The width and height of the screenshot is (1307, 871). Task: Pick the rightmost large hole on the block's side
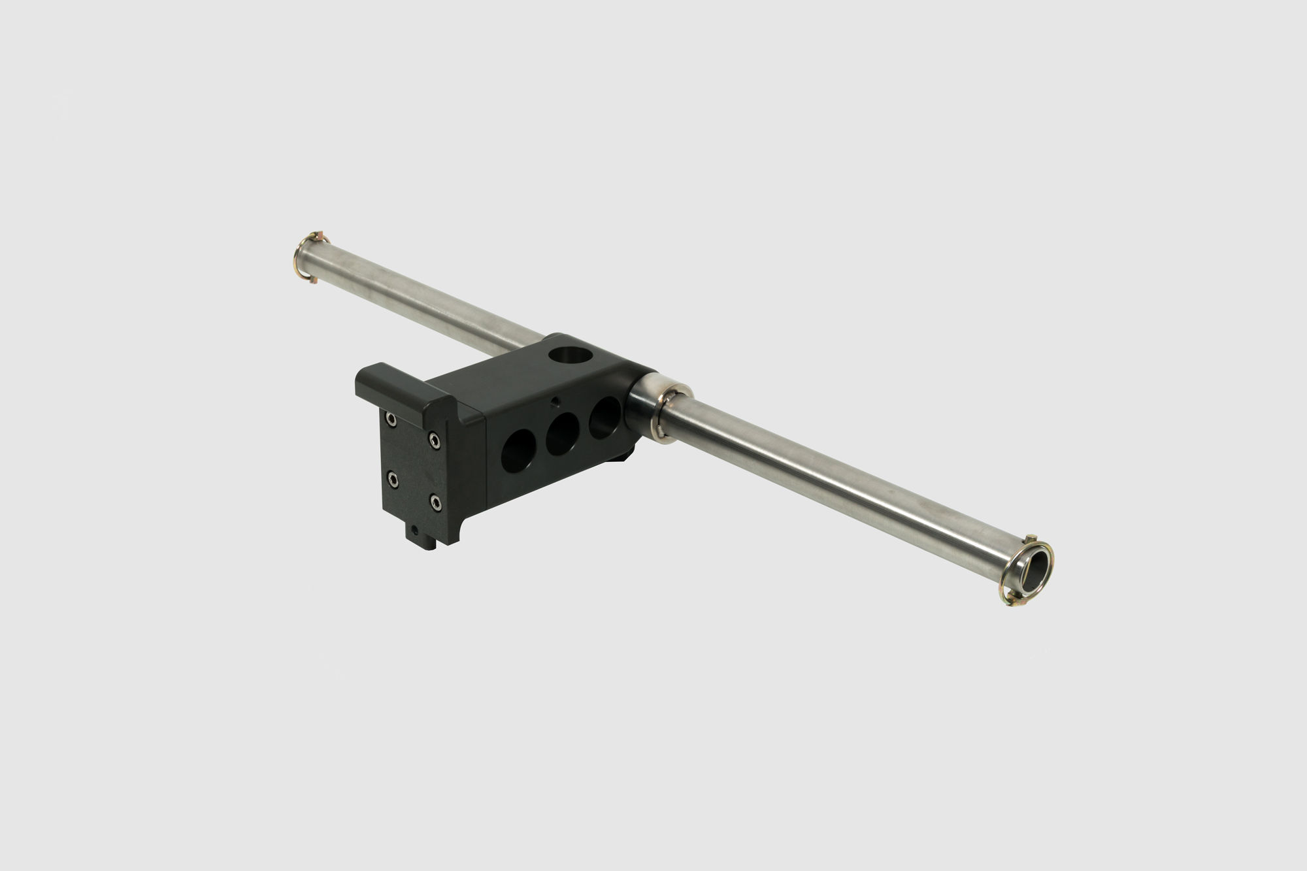(604, 416)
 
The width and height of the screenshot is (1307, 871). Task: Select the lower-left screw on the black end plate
(391, 480)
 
